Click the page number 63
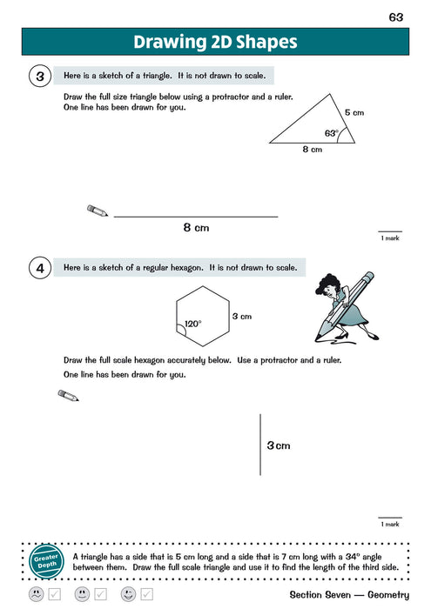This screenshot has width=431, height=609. click(396, 17)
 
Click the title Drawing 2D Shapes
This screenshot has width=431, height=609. click(215, 42)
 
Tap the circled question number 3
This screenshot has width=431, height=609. click(40, 77)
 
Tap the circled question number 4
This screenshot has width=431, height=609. click(40, 269)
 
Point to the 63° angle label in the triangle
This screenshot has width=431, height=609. click(331, 133)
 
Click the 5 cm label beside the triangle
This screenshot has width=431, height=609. click(354, 112)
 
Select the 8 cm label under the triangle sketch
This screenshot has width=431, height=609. click(312, 150)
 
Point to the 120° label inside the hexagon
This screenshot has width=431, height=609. click(192, 324)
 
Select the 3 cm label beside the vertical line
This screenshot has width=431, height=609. click(279, 445)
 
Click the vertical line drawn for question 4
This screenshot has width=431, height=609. click(260, 444)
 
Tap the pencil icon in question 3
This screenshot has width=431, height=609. click(98, 211)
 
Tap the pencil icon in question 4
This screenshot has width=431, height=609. click(68, 396)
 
